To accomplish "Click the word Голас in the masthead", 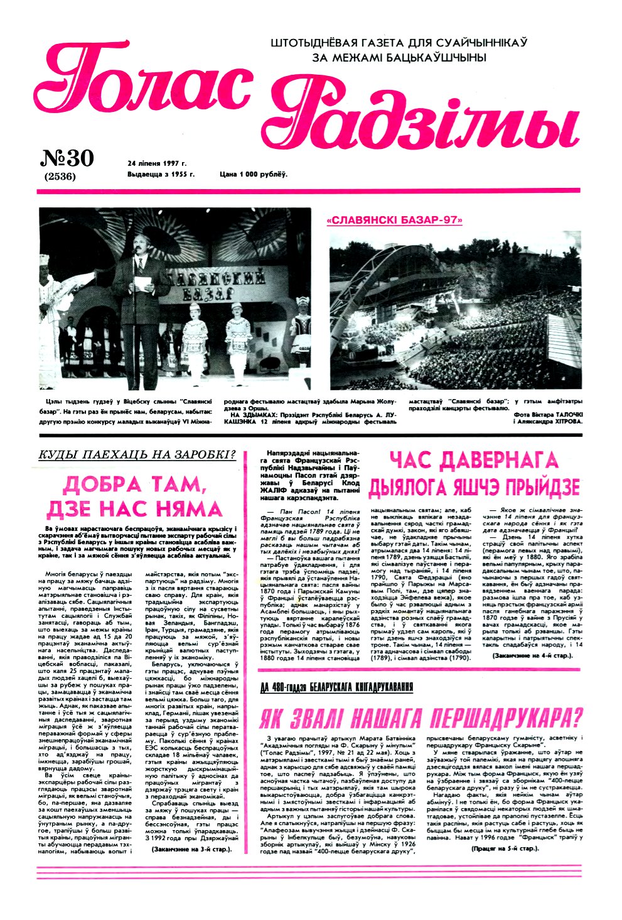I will tap(141, 82).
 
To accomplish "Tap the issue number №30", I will tap(67, 158).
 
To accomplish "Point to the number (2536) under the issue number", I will tap(60, 177).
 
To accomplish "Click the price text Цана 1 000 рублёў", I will tap(254, 174).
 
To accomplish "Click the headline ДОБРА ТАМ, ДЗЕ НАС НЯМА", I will tap(143, 496).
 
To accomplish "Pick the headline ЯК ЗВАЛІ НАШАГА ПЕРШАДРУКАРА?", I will tap(421, 718).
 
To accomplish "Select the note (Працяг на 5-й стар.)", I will tap(504, 848).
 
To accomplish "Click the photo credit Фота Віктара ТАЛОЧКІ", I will tap(547, 415).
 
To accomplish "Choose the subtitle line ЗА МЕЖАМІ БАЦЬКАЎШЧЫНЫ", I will tap(399, 58).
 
